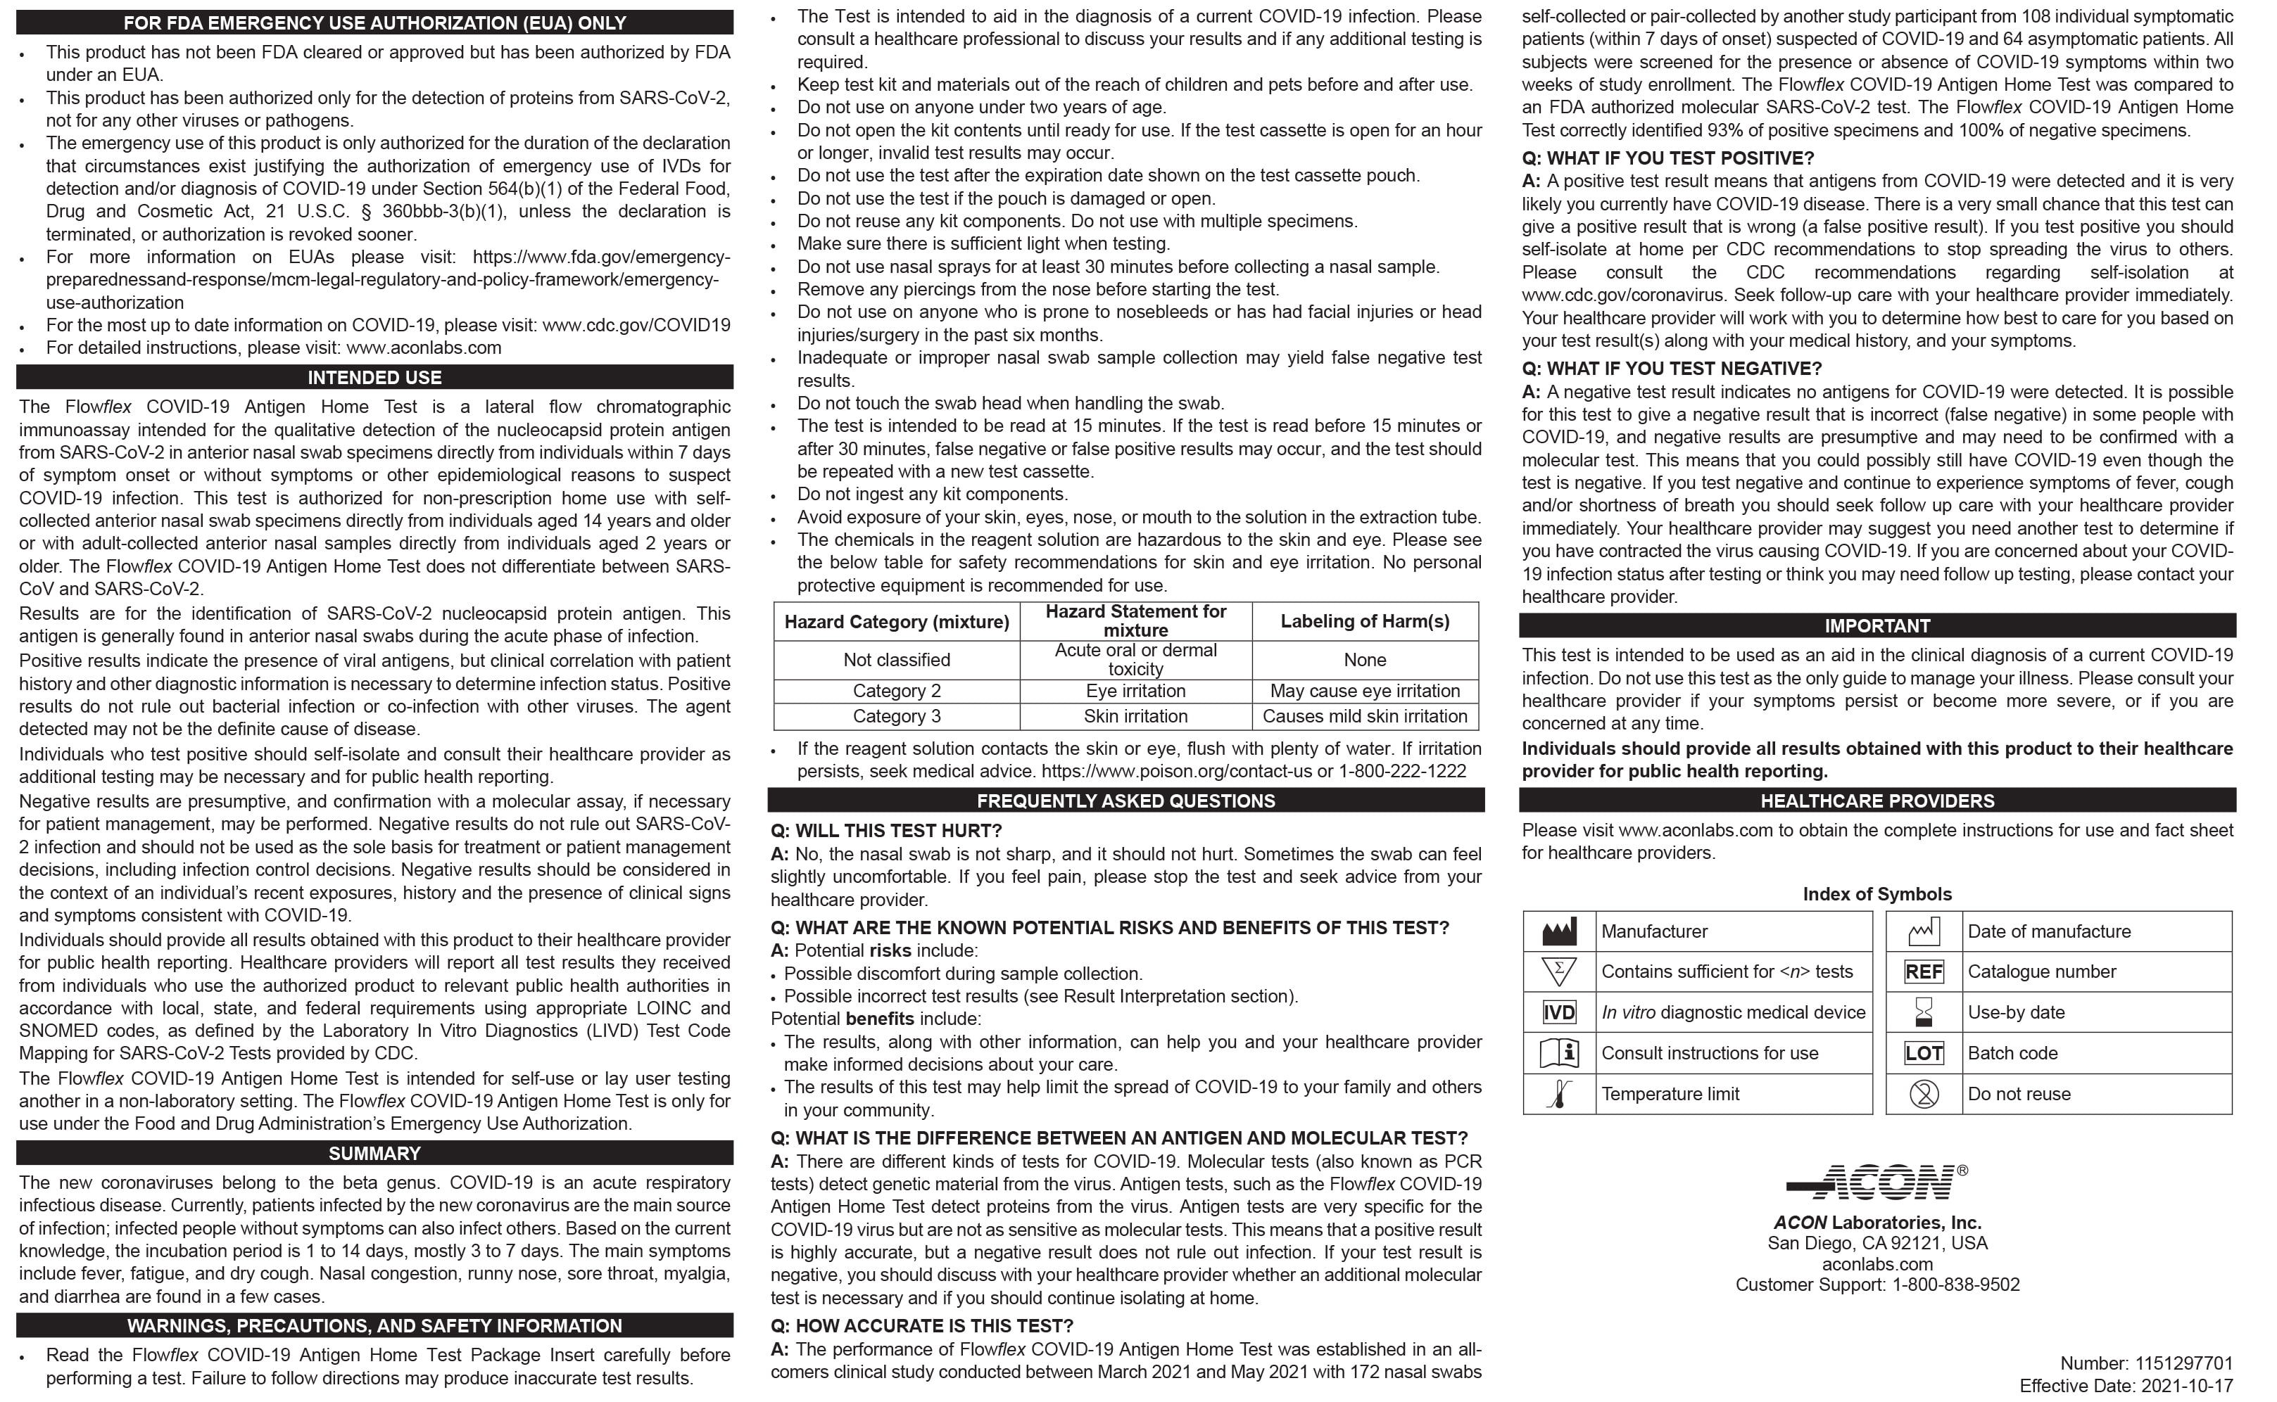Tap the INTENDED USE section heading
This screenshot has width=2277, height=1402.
point(374,377)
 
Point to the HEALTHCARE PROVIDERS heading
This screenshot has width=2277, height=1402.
point(1877,801)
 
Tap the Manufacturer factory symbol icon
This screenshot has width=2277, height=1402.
point(1558,931)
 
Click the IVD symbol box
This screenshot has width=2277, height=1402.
point(1558,1012)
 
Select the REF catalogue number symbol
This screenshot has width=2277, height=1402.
point(1924,971)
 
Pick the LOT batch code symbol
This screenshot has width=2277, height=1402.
point(1924,1053)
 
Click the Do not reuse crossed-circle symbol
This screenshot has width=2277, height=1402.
point(1924,1094)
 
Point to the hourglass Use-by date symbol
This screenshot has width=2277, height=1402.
point(1924,1012)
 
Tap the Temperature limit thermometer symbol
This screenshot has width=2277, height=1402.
point(1558,1094)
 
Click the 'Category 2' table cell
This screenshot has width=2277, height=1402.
point(896,691)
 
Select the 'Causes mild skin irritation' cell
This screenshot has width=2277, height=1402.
point(1364,716)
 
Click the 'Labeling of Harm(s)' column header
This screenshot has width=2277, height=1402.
point(1364,621)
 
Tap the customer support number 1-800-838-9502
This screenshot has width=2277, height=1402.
point(1955,1285)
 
